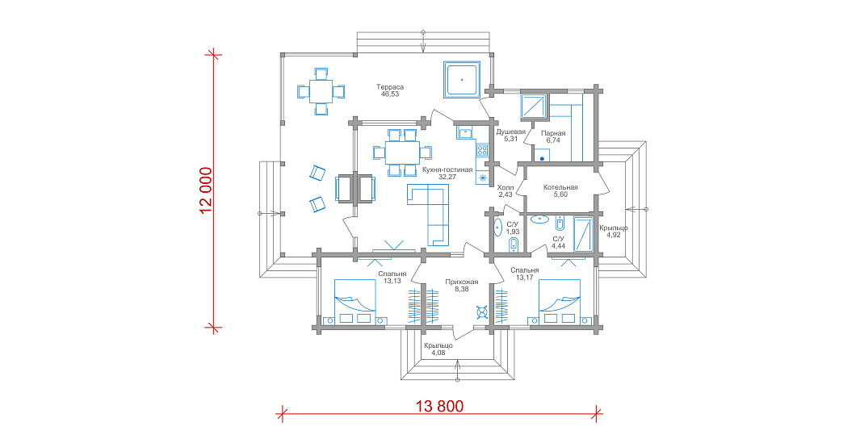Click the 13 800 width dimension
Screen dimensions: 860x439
(439, 406)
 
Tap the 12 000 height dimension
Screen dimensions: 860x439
(206, 190)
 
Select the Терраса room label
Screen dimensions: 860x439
(390, 87)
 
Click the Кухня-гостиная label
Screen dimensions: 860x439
(447, 170)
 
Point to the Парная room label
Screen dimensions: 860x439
(553, 133)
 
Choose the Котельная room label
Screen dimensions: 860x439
(560, 187)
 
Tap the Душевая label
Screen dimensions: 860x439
(510, 132)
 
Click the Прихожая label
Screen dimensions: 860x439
(461, 282)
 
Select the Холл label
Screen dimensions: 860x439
(506, 187)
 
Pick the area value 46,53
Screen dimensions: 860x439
(390, 94)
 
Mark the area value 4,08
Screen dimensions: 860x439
(438, 353)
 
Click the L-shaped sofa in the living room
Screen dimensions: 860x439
(428, 215)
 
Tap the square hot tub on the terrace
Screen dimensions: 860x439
(462, 79)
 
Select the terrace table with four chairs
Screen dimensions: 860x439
(321, 91)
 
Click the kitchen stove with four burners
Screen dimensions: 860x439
(482, 149)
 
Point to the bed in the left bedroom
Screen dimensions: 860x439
(354, 303)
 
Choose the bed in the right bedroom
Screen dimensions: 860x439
(560, 303)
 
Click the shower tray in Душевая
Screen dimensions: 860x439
(534, 107)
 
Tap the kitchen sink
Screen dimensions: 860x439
(465, 132)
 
